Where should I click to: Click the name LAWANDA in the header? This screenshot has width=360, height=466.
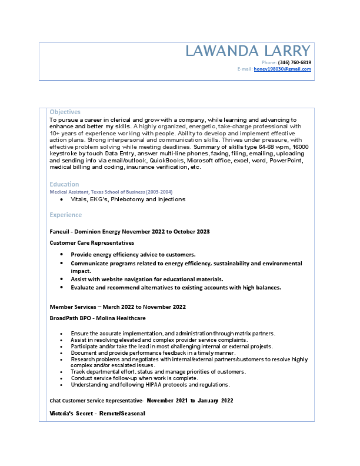[x=218, y=51]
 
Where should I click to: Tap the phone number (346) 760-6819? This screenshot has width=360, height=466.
[x=295, y=62]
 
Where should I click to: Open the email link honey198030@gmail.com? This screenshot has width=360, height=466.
[x=282, y=69]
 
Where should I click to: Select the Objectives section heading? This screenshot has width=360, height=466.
[x=65, y=112]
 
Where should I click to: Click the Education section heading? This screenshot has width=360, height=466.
[x=64, y=184]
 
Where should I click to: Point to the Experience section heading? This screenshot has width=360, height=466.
[x=65, y=215]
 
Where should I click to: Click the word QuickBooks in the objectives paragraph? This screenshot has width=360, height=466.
[x=166, y=160]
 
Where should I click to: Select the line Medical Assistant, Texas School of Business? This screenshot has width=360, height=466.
[x=111, y=192]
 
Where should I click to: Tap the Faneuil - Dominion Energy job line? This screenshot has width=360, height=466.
[x=129, y=232]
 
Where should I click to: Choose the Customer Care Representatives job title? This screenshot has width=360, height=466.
[x=92, y=242]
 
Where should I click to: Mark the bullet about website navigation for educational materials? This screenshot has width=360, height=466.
[x=147, y=279]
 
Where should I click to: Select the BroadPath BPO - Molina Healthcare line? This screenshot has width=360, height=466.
[x=98, y=318]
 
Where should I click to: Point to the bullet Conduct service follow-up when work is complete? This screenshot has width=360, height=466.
[x=134, y=378]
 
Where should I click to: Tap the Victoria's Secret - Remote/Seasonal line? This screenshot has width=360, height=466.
[x=97, y=414]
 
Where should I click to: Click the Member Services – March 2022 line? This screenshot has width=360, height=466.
[x=118, y=307]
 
